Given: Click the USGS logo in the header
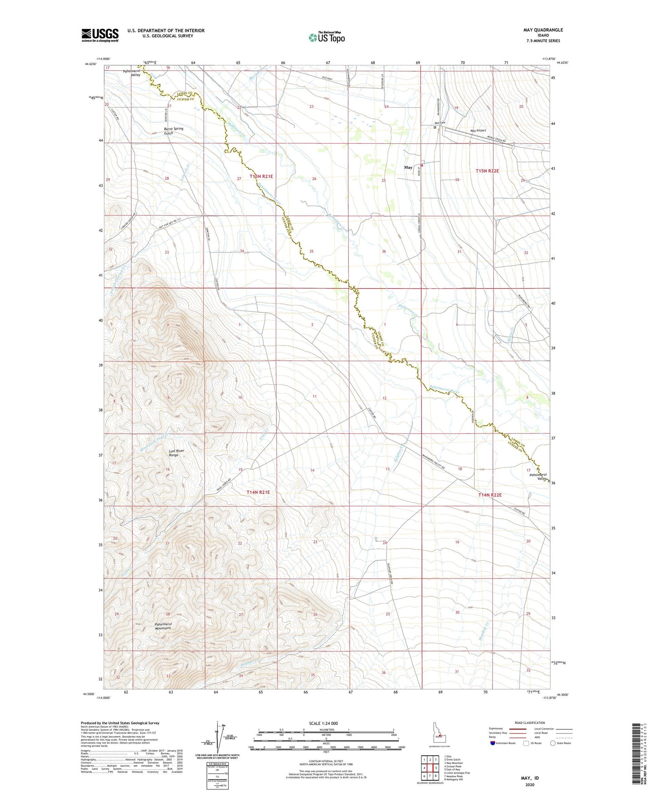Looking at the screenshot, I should pos(100,35).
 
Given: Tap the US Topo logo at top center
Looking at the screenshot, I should pos(326,37).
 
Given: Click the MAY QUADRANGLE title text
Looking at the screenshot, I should pos(543,30).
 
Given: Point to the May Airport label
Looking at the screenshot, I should pos(478,131).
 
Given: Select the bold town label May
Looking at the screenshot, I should pos(408,167).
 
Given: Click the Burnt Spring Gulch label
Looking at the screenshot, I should pos(174,131).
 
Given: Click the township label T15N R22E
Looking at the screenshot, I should pos(487,171).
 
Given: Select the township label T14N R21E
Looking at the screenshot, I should pos(258,492).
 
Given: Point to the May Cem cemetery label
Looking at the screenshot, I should pos(439,123).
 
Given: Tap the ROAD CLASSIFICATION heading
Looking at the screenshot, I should pos(530,723).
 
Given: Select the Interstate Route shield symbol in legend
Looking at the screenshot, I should pos(493,743).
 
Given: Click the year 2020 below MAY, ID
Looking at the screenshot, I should pos(530,784).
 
